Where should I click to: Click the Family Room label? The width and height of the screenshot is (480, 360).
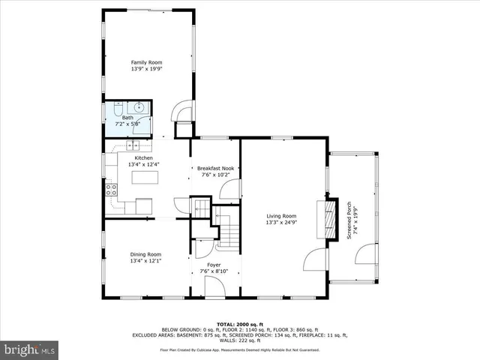coord(146,62)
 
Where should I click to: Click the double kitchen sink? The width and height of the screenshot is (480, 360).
coord(133,144)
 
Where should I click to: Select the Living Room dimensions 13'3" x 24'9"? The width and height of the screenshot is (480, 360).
coord(281,223)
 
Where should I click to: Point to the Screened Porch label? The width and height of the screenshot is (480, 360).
coord(349,219)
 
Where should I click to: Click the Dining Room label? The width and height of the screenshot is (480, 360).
coord(145,255)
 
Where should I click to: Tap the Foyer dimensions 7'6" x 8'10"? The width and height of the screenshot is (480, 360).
coord(213,271)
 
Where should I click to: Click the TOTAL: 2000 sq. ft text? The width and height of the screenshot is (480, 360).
coord(239,324)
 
